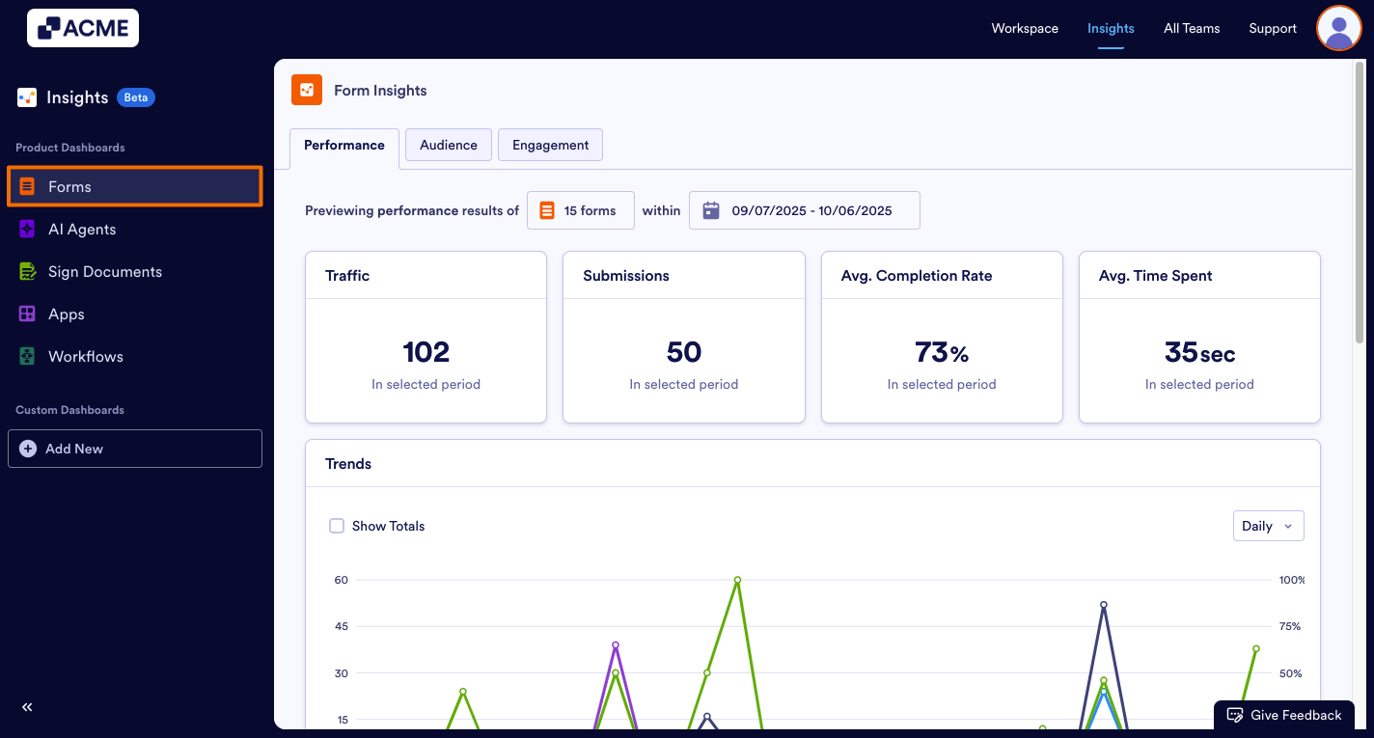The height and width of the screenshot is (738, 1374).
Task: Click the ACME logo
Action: [x=83, y=28]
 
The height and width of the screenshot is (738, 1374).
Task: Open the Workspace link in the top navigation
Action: [x=1025, y=28]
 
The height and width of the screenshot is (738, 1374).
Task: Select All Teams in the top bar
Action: [x=1192, y=28]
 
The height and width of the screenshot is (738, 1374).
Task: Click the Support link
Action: [x=1273, y=28]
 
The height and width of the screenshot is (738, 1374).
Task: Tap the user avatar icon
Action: [x=1338, y=28]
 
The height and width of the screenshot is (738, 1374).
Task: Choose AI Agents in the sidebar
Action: [x=82, y=230]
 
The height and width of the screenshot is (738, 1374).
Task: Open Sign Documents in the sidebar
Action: [x=104, y=272]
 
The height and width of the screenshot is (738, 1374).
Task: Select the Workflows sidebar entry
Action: [x=85, y=357]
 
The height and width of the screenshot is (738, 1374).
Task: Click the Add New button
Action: [x=135, y=449]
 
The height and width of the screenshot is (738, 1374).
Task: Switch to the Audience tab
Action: [x=449, y=145]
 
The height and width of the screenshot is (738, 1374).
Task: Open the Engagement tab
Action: [x=550, y=145]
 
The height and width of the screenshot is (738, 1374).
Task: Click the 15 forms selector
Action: [x=581, y=210]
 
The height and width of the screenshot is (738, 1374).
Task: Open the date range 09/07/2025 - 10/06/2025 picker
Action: [x=804, y=210]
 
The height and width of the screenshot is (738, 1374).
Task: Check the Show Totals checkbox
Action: [x=337, y=526]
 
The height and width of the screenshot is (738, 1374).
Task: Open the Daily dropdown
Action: [x=1268, y=526]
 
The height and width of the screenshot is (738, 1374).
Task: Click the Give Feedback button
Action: [x=1283, y=715]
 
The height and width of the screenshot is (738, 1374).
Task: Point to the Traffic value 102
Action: [x=426, y=352]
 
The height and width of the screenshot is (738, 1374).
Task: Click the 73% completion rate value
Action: [x=941, y=352]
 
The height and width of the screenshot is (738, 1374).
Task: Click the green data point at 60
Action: [x=737, y=580]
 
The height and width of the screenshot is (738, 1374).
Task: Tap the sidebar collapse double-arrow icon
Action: [x=27, y=707]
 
